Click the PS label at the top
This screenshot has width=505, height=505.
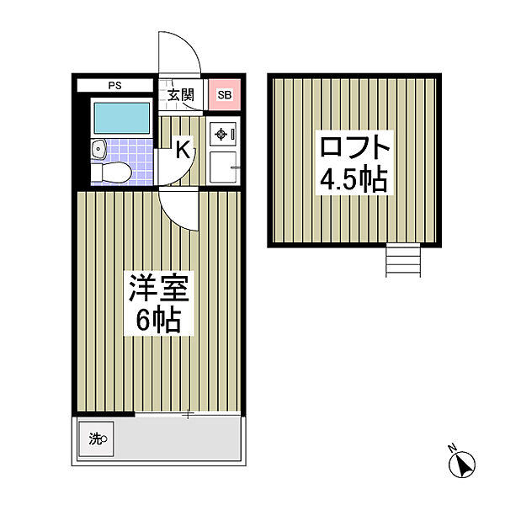point(114,85)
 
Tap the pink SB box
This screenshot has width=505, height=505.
point(224,94)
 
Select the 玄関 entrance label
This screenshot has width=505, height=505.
point(180,94)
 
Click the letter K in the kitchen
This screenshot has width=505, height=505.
point(182,151)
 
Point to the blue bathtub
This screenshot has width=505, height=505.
point(120,118)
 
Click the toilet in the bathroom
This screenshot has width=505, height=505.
point(111,173)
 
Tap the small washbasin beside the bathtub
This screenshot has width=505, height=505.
point(98,151)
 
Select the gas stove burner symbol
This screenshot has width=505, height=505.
point(222,132)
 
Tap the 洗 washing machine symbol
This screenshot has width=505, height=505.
point(97,438)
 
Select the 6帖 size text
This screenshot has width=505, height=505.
point(159,320)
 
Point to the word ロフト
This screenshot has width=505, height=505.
point(354,149)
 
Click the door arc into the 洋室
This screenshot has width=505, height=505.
point(180,210)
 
